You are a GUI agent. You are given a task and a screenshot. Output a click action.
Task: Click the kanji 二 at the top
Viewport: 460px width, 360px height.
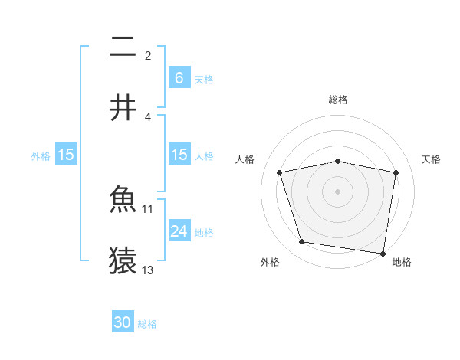pyautogui.click(x=123, y=48)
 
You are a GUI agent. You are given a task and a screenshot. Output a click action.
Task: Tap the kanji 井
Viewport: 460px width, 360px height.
pyautogui.click(x=123, y=108)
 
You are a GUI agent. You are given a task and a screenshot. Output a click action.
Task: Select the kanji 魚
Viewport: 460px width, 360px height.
pyautogui.click(x=123, y=201)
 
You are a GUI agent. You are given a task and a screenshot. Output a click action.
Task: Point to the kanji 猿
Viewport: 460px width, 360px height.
pyautogui.click(x=123, y=260)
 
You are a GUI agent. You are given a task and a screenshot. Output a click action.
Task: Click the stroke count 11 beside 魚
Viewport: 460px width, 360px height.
pyautogui.click(x=148, y=208)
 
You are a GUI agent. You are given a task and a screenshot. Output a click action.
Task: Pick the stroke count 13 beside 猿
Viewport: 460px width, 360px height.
pyautogui.click(x=148, y=270)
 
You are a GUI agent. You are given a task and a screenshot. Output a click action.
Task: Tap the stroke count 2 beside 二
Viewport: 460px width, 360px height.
pyautogui.click(x=148, y=56)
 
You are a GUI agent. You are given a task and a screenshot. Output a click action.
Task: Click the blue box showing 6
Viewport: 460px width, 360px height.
pyautogui.click(x=179, y=78)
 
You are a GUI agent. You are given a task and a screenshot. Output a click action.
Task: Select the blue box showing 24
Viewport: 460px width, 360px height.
pyautogui.click(x=179, y=231)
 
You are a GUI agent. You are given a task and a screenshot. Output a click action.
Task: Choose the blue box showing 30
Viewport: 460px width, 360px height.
pyautogui.click(x=123, y=323)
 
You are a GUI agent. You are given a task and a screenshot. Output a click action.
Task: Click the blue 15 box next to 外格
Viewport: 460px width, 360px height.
pyautogui.click(x=66, y=155)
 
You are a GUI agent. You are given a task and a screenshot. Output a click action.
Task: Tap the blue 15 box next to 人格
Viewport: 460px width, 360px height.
pyautogui.click(x=179, y=155)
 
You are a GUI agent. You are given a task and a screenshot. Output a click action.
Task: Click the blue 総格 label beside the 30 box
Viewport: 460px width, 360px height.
pyautogui.click(x=147, y=324)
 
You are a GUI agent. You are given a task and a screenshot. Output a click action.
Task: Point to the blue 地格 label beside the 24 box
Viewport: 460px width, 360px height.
pyautogui.click(x=204, y=232)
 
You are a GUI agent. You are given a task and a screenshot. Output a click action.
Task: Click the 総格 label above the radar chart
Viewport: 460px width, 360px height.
pyautogui.click(x=338, y=100)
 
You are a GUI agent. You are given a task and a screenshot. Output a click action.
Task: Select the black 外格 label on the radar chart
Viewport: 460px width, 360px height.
pyautogui.click(x=270, y=262)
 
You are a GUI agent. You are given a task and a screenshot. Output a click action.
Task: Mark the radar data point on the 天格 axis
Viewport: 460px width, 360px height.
pyautogui.click(x=396, y=172)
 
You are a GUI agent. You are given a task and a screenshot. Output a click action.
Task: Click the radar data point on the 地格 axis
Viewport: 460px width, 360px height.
pyautogui.click(x=383, y=253)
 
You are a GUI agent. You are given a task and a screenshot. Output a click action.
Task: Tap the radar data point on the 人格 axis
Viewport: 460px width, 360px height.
pyautogui.click(x=280, y=172)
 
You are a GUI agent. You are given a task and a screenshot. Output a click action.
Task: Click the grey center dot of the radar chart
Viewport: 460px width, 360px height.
pyautogui.click(x=338, y=191)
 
